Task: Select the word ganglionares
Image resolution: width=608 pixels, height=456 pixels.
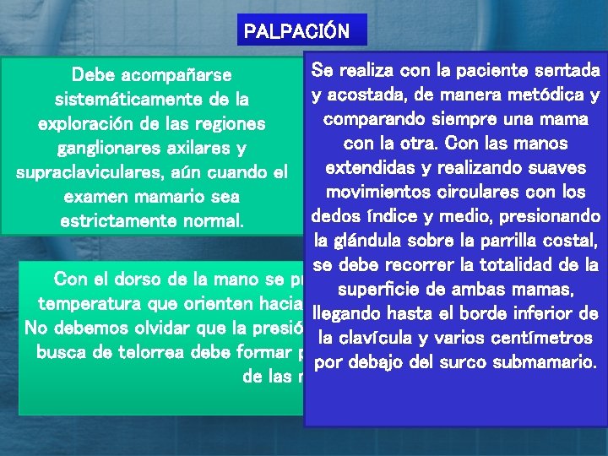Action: pos(108,149)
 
